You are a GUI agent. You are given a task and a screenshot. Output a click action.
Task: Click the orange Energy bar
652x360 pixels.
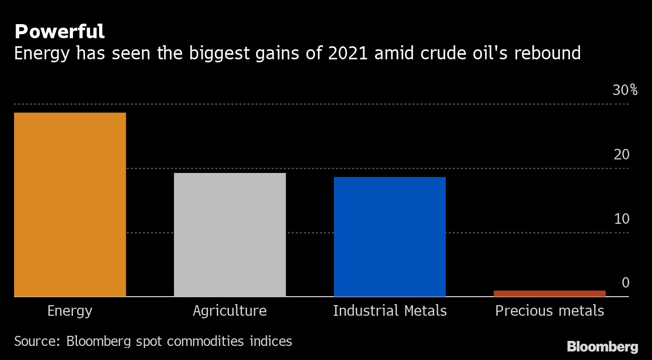click(70, 205)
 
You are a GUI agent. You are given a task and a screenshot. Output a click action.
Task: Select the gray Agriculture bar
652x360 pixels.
click(230, 235)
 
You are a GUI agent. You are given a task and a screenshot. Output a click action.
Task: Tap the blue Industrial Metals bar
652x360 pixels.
click(390, 237)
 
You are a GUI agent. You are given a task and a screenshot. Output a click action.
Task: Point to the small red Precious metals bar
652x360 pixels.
click(549, 294)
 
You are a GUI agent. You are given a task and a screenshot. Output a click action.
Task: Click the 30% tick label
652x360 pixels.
click(625, 91)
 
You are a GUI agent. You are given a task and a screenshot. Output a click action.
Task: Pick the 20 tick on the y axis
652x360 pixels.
click(622, 155)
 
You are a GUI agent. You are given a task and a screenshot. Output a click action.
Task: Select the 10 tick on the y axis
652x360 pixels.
click(622, 219)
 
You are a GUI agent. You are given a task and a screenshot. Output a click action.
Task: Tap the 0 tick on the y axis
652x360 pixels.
click(625, 283)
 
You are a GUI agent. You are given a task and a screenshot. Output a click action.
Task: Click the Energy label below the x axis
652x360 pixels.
click(70, 311)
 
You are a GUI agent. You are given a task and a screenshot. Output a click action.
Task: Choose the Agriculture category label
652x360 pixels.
click(229, 311)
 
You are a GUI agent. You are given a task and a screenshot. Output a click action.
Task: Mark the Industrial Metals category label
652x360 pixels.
click(390, 311)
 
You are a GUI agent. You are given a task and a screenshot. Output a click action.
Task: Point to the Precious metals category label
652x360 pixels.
click(549, 311)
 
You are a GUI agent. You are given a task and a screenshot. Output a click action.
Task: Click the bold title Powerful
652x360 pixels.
click(59, 32)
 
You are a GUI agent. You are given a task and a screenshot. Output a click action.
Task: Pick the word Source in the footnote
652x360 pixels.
click(37, 341)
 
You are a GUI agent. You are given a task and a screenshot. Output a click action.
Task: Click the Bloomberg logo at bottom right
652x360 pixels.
click(602, 346)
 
